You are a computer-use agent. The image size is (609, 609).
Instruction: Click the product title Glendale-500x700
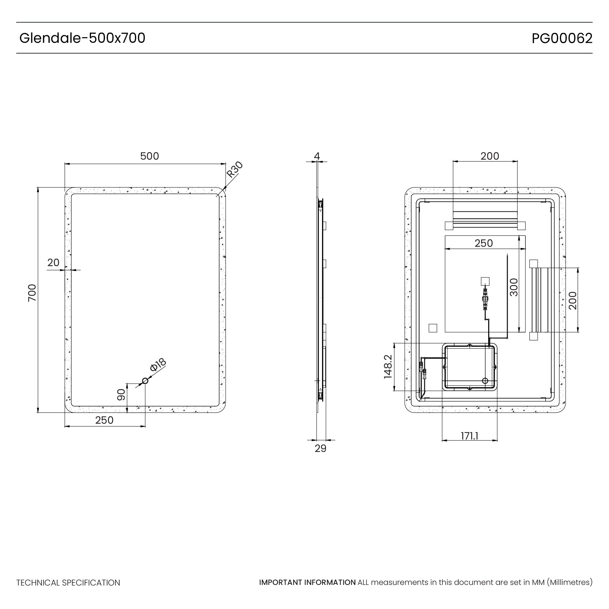[82, 38]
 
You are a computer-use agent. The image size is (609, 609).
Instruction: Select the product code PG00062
[562, 38]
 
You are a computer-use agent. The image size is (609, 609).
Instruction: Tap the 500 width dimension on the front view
[149, 156]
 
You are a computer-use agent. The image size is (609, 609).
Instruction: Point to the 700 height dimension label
[32, 293]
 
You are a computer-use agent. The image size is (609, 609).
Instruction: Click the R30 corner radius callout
[235, 169]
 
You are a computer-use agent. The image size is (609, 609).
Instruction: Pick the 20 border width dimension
[53, 262]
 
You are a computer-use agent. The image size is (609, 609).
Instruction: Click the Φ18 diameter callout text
[158, 365]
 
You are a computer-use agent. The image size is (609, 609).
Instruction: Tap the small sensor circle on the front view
[145, 381]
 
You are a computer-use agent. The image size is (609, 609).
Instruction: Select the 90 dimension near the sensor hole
[121, 395]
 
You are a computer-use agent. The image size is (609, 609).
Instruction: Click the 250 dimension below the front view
[104, 420]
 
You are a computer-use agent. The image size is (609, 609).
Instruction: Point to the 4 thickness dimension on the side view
[317, 156]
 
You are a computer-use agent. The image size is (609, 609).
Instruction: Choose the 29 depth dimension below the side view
[320, 448]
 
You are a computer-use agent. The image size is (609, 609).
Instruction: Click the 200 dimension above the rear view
[490, 156]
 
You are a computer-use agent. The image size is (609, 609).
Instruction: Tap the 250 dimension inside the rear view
[484, 243]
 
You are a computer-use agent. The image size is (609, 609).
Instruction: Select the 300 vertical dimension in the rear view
[514, 287]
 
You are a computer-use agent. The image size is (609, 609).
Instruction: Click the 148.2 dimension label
[388, 367]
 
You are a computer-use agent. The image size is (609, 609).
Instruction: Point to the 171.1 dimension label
[469, 436]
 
